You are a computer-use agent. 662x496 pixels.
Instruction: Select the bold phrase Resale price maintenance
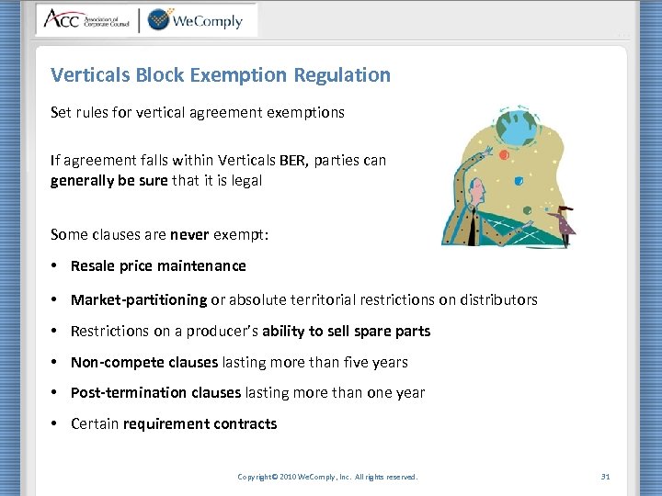point(158,266)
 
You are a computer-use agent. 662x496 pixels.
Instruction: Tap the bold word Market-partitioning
point(139,299)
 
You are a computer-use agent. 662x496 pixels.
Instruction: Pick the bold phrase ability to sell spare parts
point(348,331)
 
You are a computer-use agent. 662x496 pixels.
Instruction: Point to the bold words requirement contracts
point(200,424)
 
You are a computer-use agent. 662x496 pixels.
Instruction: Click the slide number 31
point(605,477)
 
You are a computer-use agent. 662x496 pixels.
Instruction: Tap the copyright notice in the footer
point(327,477)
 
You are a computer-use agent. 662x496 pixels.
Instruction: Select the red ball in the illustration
point(504,155)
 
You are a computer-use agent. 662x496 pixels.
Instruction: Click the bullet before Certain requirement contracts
point(56,424)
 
